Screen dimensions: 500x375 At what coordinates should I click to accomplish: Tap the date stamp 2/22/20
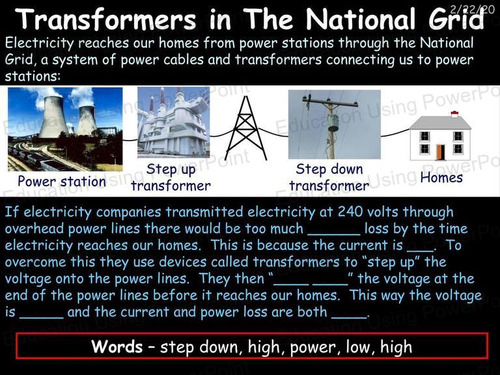tap(473, 9)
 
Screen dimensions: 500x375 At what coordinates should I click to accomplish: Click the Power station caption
tap(62, 182)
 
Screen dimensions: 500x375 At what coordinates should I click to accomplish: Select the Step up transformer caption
tap(171, 177)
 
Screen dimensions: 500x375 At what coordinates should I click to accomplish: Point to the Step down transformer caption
tap(329, 177)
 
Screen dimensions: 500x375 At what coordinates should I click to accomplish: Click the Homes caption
tap(441, 178)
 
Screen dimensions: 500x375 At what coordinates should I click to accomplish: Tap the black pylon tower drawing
tap(245, 128)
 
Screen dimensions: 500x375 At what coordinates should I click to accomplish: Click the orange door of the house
tap(440, 152)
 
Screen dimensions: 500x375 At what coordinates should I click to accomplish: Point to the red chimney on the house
tap(454, 114)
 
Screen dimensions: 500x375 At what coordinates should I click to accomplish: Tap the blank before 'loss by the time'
tap(334, 234)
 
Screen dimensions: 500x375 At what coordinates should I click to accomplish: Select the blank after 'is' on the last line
tap(42, 317)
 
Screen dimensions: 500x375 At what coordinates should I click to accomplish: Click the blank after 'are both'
tap(349, 317)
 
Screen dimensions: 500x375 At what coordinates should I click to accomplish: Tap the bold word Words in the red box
tap(117, 346)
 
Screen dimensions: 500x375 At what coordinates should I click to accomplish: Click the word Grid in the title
tap(456, 19)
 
